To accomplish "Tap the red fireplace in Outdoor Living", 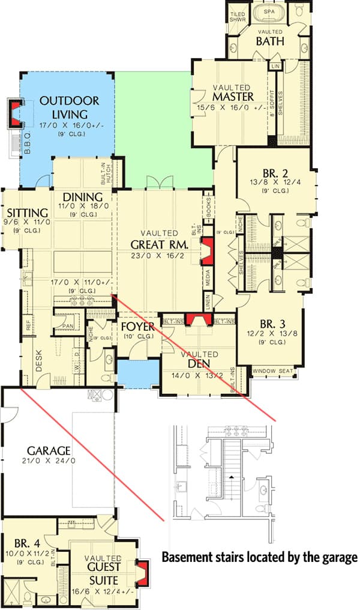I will (14, 112).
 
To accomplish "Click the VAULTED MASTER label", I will (233, 92).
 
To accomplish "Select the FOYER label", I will (138, 327).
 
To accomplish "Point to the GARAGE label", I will (49, 450).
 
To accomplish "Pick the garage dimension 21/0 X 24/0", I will (49, 461).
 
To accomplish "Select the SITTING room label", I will (28, 213).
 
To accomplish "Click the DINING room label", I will (82, 197).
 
